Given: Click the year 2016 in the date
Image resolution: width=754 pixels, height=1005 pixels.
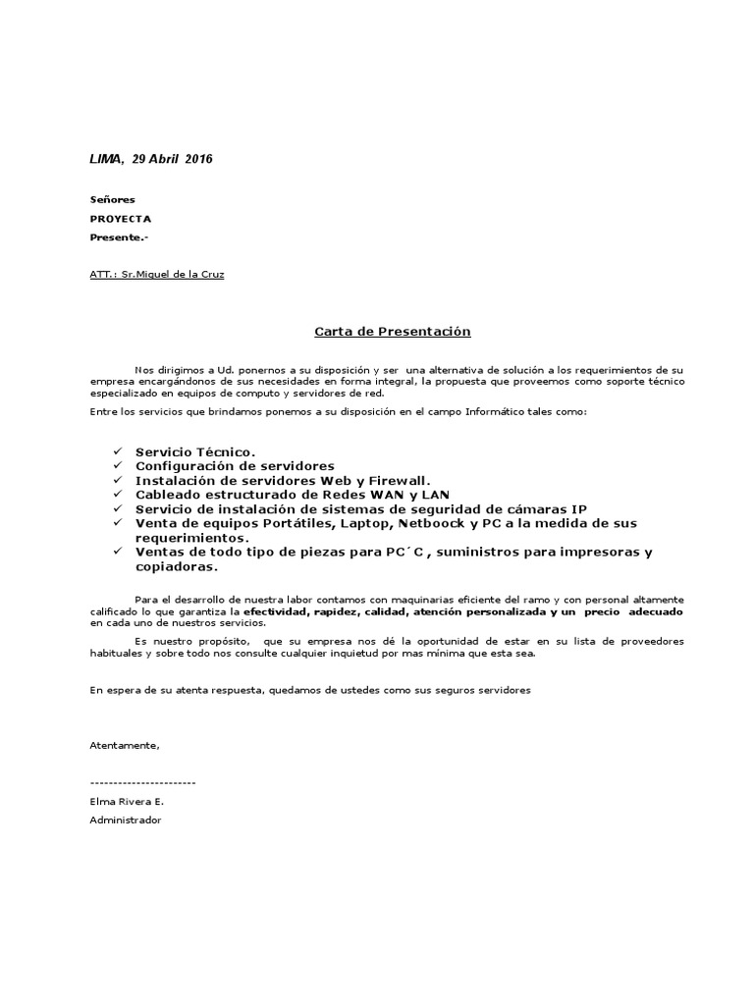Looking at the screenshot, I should point(198,159).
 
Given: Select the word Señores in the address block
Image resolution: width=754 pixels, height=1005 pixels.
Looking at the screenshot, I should point(112,199).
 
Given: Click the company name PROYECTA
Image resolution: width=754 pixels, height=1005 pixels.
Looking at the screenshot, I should point(121,219).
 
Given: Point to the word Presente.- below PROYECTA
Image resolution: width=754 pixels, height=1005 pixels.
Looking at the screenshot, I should point(119,238).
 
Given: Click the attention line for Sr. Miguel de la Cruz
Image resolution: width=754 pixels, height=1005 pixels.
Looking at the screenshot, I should point(157,274).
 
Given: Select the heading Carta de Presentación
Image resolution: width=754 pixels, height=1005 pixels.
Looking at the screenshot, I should point(393,332).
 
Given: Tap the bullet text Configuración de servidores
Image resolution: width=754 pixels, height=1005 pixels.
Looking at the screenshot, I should point(235,465).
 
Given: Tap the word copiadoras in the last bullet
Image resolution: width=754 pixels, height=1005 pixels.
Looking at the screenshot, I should point(176,566).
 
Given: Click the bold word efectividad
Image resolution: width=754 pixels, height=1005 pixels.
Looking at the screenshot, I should point(277,611).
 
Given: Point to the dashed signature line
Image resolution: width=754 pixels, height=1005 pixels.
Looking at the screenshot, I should point(142,782).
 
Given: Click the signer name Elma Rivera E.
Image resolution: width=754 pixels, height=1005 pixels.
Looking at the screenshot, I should point(127,801).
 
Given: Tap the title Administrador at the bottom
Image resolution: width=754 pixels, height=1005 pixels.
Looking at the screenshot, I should point(125,820).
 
